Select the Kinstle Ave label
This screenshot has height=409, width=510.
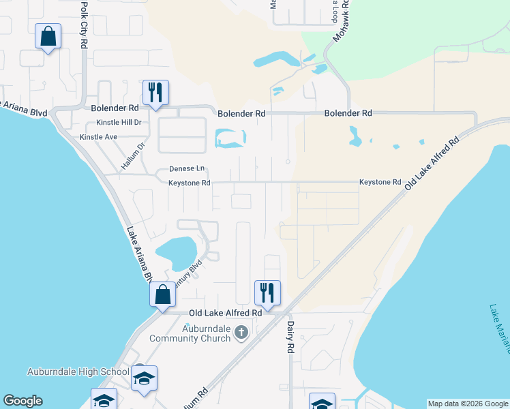(x=99, y=137)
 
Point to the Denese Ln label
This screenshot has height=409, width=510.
(x=187, y=169)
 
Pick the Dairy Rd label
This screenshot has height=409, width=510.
(x=290, y=337)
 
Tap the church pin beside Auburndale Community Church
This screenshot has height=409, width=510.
(x=240, y=333)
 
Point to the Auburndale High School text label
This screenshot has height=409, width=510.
(x=78, y=372)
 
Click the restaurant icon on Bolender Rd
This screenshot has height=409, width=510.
(x=155, y=92)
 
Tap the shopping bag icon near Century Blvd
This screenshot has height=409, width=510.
(x=163, y=295)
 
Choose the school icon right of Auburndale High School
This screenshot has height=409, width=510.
(x=144, y=378)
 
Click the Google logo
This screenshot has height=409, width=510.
(x=22, y=401)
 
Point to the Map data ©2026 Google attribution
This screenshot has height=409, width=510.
(x=468, y=404)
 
